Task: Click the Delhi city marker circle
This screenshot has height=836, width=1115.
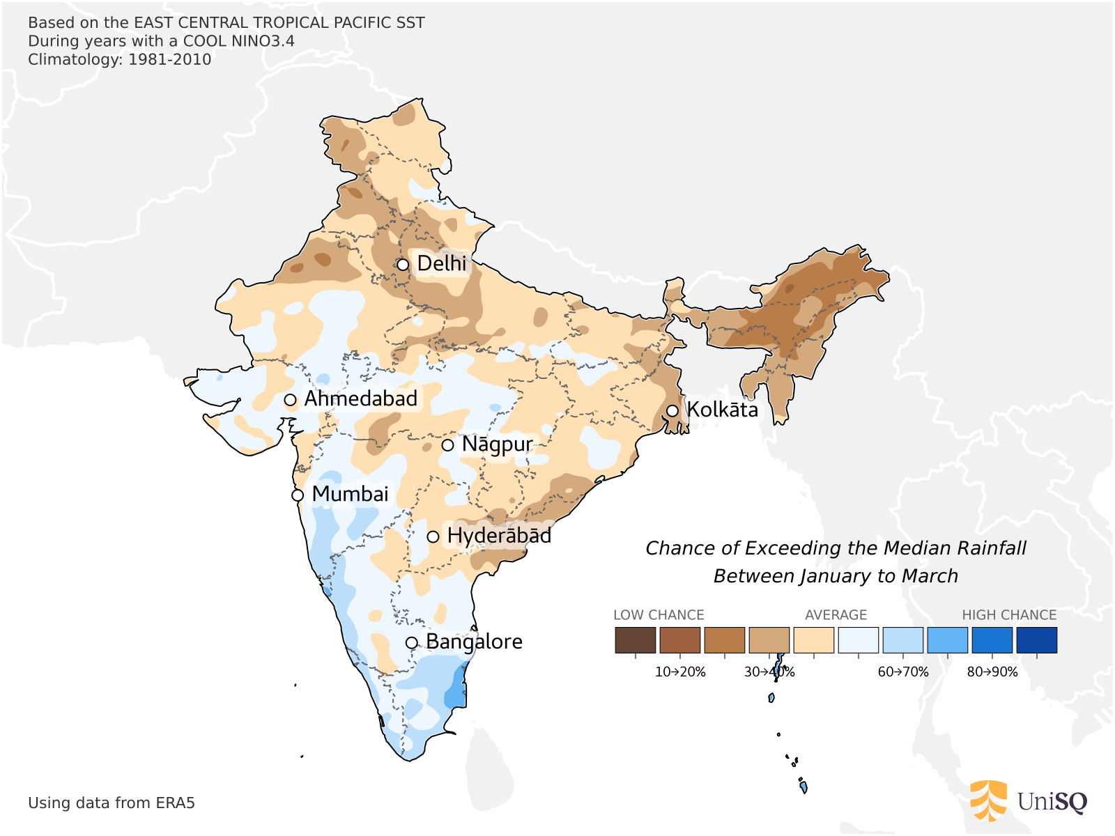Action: (403, 265)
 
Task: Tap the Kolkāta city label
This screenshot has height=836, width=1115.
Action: (722, 410)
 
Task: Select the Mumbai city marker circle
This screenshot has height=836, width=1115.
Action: (298, 495)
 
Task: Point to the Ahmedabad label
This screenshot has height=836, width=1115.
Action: (361, 399)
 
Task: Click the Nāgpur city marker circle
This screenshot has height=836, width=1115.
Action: (448, 445)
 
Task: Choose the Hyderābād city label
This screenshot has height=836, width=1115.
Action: (499, 536)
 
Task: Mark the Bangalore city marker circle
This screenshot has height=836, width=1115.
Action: (412, 642)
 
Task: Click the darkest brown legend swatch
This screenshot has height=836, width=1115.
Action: (635, 640)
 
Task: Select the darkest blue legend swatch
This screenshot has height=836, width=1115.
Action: (1036, 640)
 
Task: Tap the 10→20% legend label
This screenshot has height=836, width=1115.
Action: (680, 672)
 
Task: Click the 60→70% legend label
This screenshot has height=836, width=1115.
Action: (903, 672)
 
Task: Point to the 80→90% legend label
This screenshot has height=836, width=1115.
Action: (992, 672)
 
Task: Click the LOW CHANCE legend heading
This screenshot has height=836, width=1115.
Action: (659, 615)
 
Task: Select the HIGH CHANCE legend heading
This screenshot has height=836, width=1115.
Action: (1009, 615)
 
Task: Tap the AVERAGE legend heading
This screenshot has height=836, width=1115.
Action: (836, 615)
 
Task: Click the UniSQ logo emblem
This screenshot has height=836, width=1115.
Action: (988, 801)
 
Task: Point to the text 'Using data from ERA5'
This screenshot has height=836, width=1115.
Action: (111, 803)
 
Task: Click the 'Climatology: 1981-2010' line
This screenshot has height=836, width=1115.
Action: (119, 59)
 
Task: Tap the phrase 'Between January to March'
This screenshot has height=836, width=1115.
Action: (836, 576)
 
